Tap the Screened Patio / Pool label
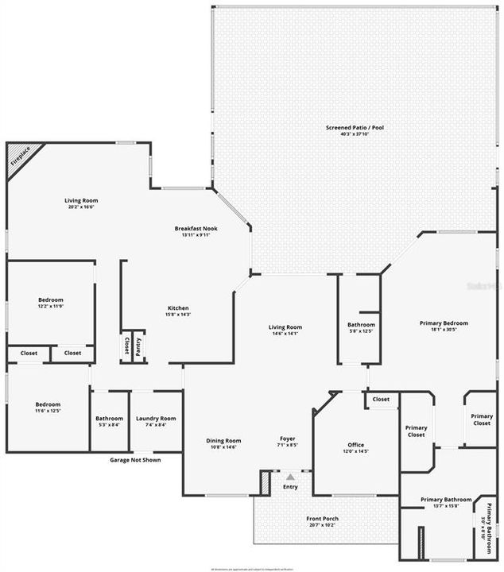(347, 127)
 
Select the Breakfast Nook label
(196, 228)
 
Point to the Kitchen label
(178, 308)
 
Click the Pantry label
(138, 346)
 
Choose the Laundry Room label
(156, 418)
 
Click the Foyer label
(288, 439)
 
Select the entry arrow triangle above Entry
(290, 477)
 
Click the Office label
(355, 445)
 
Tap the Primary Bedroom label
(444, 323)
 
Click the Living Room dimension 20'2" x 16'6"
(81, 207)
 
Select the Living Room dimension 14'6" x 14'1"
(285, 334)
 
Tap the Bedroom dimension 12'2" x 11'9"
(50, 307)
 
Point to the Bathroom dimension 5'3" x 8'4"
(109, 425)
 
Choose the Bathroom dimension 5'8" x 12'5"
(361, 331)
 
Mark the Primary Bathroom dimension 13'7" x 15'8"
(446, 506)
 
